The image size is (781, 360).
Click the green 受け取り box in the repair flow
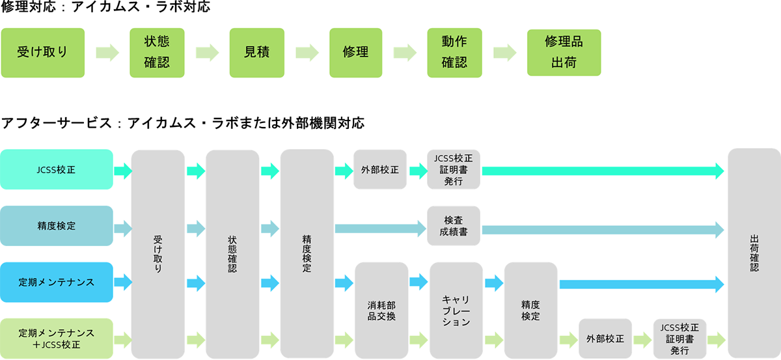pyautogui.click(x=43, y=52)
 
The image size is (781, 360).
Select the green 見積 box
pyautogui.click(x=257, y=52)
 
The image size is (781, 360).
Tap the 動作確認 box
pyautogui.click(x=454, y=52)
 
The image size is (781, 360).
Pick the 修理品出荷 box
pyautogui.click(x=564, y=52)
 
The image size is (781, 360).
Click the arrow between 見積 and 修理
pyautogui.click(x=307, y=52)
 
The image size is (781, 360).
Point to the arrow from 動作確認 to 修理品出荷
pyautogui.click(x=504, y=52)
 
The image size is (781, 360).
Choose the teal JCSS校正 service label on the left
pyautogui.click(x=57, y=171)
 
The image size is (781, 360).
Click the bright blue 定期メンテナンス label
pyautogui.click(x=57, y=283)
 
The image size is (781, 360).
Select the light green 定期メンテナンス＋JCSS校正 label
pyautogui.click(x=57, y=339)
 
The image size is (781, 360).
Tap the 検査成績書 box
pyautogui.click(x=454, y=226)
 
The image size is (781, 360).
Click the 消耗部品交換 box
pyautogui.click(x=381, y=311)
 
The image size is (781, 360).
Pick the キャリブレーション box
pyautogui.click(x=456, y=311)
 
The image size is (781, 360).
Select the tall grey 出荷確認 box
pyautogui.click(x=754, y=254)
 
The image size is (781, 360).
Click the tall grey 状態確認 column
pyautogui.click(x=232, y=254)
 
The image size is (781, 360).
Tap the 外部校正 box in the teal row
pyautogui.click(x=380, y=171)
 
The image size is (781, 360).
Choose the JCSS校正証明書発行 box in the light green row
pyautogui.click(x=679, y=339)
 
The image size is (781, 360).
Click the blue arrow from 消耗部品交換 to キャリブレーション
pyautogui.click(x=418, y=283)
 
